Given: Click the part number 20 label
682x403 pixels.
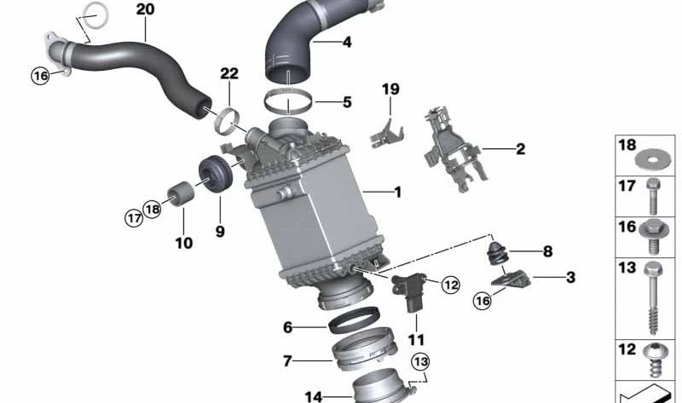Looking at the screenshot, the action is point(145,9).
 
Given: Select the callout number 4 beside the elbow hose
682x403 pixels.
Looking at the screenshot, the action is point(347,42).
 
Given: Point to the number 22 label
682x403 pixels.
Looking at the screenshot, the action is point(229,73).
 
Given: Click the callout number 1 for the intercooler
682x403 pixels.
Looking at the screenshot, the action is point(397,193).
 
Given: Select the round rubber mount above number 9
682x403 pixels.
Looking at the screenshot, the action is point(216,174).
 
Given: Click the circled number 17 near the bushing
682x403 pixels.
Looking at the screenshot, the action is point(134,217).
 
